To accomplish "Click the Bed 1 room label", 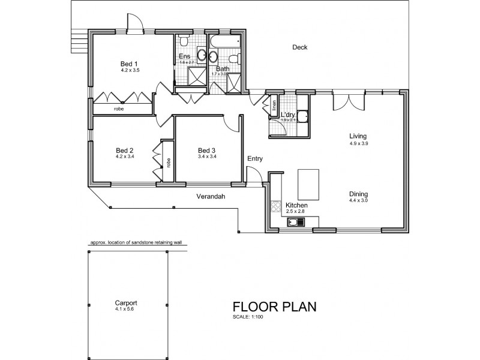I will click(129, 64).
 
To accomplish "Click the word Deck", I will click(299, 48).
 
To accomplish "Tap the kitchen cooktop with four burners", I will click(277, 207).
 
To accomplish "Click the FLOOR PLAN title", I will click(274, 307).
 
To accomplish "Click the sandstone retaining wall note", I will click(136, 243).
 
